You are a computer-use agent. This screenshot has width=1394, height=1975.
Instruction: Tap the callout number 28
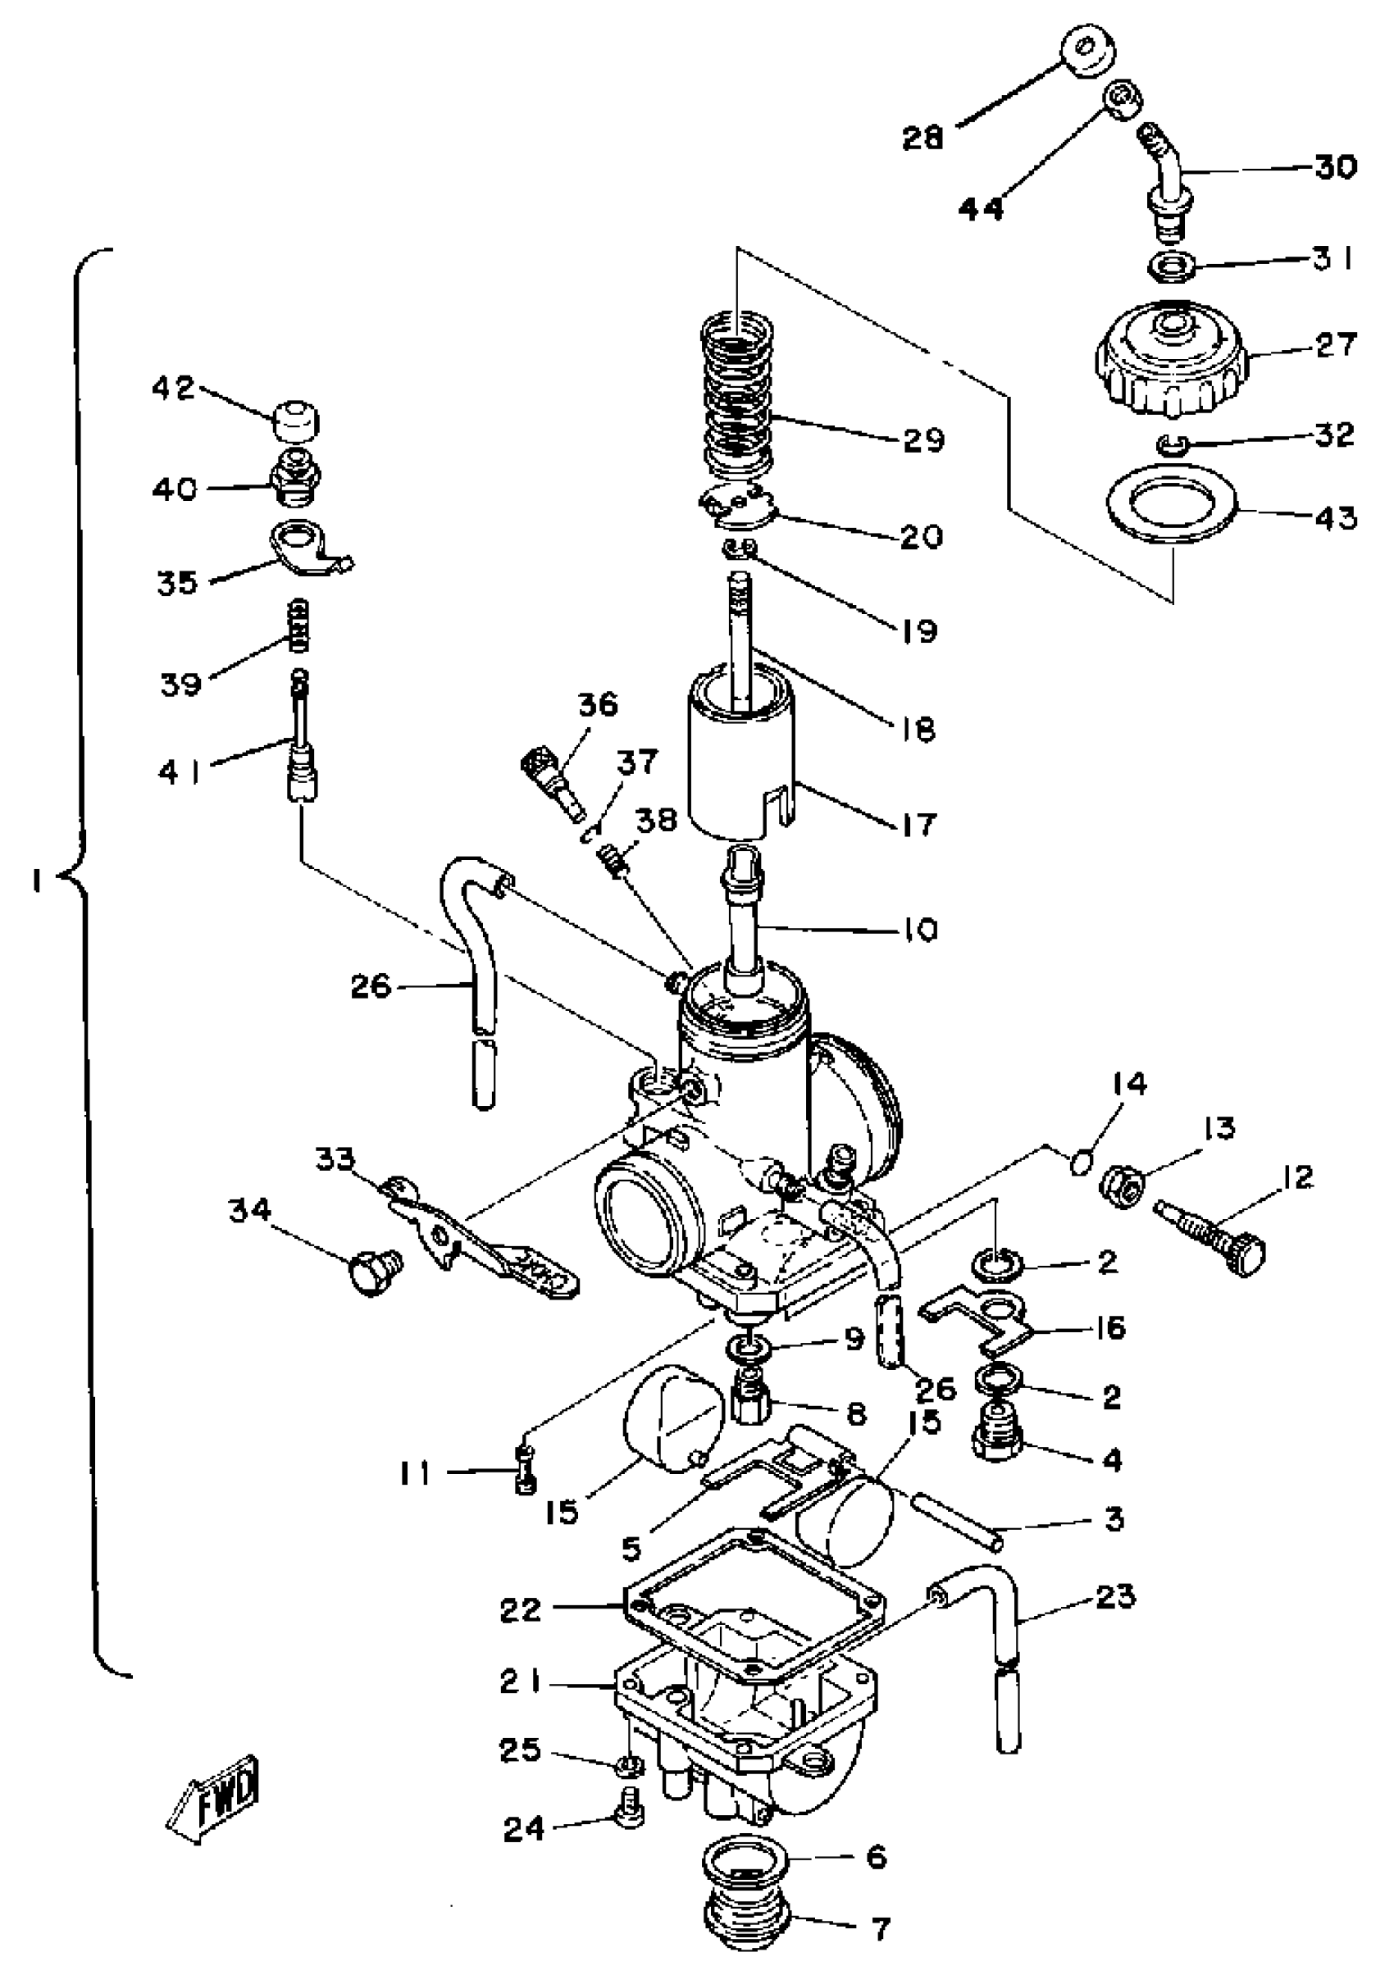(x=922, y=138)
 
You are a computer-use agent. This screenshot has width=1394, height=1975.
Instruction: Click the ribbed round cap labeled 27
(x=1171, y=362)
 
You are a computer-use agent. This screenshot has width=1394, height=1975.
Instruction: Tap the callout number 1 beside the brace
(x=36, y=882)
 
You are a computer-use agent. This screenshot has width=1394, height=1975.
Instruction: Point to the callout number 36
(x=598, y=705)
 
